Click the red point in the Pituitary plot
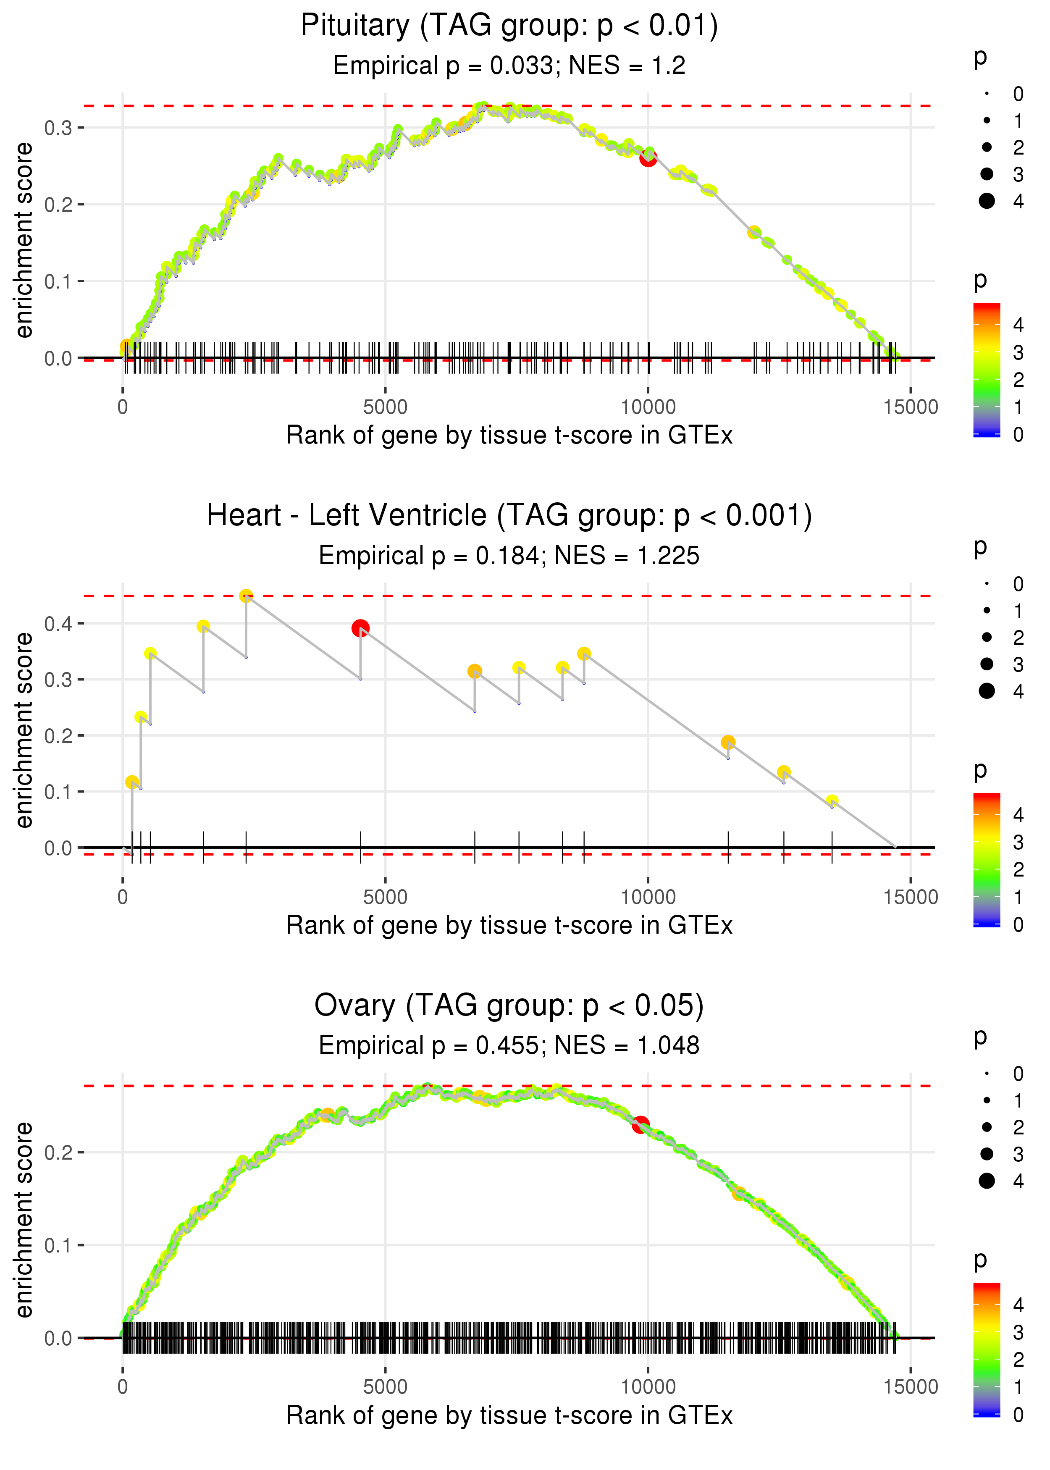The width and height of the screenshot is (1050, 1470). point(648,158)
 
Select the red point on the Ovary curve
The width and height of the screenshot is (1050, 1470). point(640,1125)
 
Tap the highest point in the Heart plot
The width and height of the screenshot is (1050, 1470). point(246,596)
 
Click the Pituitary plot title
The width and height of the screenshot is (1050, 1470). point(509,26)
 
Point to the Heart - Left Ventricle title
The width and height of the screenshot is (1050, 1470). point(509,516)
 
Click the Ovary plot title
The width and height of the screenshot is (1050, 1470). point(509,1006)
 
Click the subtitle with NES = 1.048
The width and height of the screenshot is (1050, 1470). point(509,1045)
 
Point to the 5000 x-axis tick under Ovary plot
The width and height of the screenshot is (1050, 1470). point(385,1386)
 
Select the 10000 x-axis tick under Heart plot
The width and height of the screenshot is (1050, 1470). point(648,897)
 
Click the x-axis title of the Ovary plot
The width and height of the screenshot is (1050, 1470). point(509,1416)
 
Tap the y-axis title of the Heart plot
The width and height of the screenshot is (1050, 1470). point(24,730)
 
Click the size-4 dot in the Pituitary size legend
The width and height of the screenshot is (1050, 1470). point(987,201)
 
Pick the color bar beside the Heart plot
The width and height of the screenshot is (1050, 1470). point(987,860)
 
